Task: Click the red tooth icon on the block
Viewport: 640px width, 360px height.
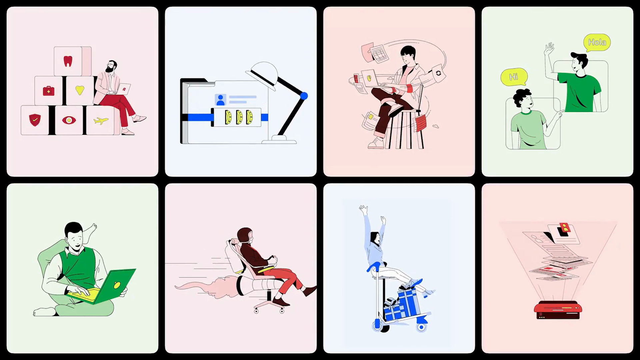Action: (68, 61)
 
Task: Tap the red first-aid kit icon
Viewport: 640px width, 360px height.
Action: (49, 91)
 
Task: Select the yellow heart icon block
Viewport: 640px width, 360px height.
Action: (80, 90)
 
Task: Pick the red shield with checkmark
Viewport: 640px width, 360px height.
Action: (35, 120)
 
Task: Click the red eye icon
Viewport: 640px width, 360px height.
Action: (69, 120)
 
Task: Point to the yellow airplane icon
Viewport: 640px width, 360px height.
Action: (101, 121)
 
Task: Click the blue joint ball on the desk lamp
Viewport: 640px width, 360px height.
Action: (304, 96)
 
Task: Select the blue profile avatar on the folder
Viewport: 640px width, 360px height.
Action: (220, 100)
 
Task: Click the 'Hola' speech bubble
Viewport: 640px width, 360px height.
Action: (597, 43)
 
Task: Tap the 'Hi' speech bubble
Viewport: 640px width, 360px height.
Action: (514, 77)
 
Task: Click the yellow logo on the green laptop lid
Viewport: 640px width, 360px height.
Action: (117, 285)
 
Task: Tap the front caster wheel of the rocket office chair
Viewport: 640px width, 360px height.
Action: (282, 311)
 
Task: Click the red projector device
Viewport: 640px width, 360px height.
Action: (558, 310)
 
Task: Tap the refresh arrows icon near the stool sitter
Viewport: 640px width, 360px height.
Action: (438, 73)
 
